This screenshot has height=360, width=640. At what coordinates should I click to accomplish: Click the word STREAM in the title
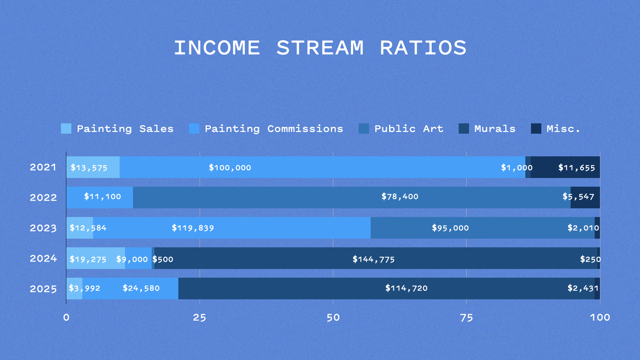click(x=320, y=48)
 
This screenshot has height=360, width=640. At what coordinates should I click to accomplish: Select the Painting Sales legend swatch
click(x=66, y=129)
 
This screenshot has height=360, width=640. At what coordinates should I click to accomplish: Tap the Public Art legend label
click(x=409, y=129)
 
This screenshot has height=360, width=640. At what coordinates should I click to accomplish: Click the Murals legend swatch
click(x=464, y=129)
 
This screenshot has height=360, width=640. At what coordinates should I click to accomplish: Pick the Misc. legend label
click(x=563, y=129)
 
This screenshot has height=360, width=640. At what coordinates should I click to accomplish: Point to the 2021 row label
click(x=43, y=167)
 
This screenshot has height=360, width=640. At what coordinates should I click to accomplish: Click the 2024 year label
click(x=43, y=259)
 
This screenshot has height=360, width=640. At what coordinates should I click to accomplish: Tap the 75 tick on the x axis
click(x=466, y=318)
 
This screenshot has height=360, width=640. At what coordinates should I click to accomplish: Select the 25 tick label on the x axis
click(x=200, y=318)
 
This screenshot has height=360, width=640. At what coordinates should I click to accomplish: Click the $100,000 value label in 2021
click(x=230, y=168)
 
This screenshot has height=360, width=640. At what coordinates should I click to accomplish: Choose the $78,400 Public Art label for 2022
click(x=400, y=197)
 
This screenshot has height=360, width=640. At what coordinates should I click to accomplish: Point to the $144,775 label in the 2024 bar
click(x=374, y=259)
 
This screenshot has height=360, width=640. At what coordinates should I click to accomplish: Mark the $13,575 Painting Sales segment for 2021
click(x=93, y=167)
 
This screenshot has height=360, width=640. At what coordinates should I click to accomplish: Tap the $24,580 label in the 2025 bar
click(x=141, y=288)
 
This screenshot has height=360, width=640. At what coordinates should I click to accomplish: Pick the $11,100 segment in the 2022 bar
click(x=100, y=197)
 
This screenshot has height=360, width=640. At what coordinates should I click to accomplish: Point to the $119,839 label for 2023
click(x=193, y=228)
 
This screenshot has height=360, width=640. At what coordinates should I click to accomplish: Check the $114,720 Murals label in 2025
click(x=406, y=288)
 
